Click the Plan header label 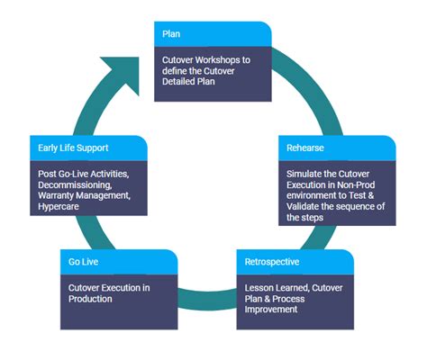point(171,34)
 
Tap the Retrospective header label point(271,262)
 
